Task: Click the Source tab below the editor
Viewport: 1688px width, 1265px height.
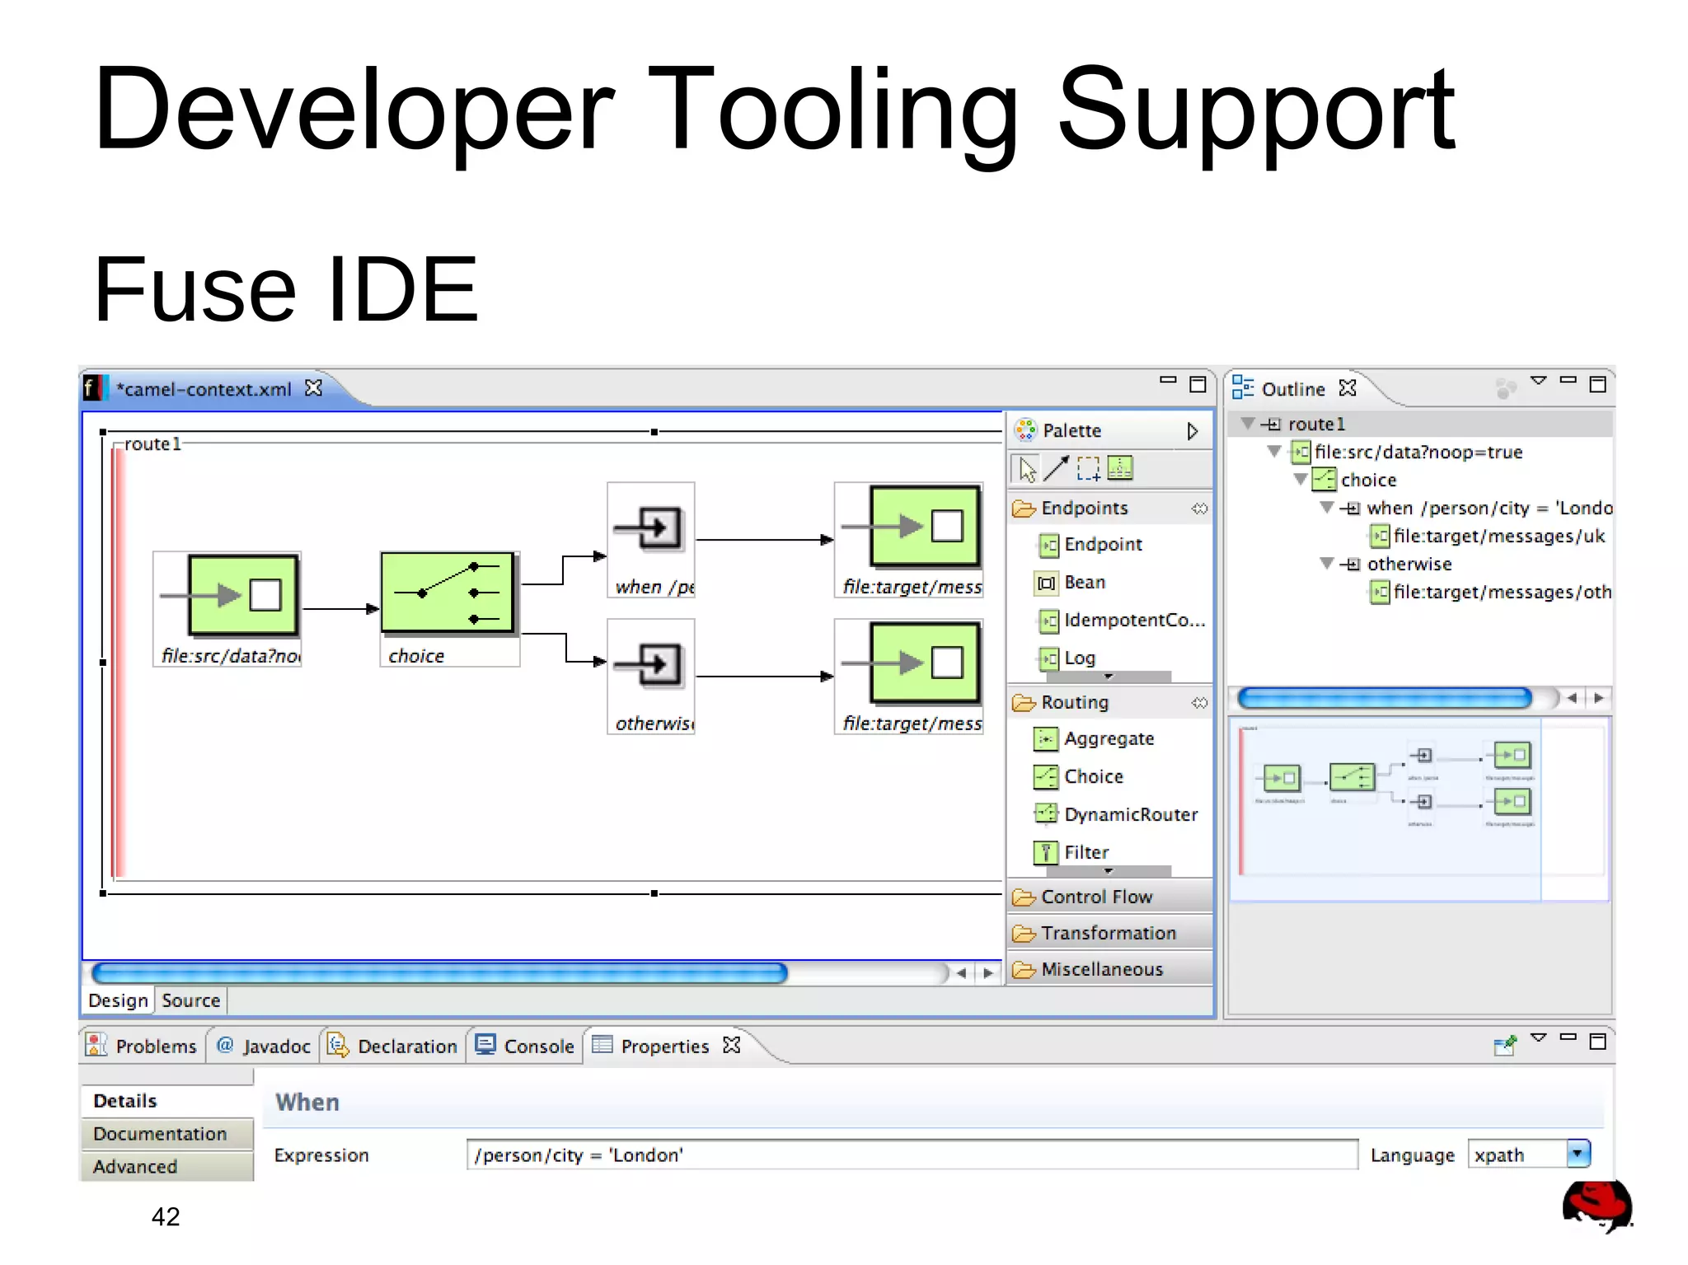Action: click(190, 1000)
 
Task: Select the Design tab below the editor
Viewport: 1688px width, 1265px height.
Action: click(118, 1000)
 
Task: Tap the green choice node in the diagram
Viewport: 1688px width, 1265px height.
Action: click(448, 593)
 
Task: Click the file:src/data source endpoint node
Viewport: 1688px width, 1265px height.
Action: click(243, 595)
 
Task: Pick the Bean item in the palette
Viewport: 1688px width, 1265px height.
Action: click(1084, 583)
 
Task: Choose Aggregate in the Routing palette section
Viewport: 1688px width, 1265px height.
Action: click(1108, 739)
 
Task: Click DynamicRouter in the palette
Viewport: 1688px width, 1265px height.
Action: click(1130, 815)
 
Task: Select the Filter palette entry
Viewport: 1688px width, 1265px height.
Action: click(1085, 853)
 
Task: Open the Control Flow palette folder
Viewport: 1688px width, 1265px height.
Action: click(1095, 897)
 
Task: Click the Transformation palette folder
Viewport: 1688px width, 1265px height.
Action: click(1108, 934)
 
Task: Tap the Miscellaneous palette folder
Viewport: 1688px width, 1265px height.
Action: click(1101, 970)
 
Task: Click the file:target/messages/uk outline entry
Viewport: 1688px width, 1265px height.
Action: click(1498, 536)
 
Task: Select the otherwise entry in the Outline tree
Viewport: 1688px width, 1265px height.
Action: click(1409, 565)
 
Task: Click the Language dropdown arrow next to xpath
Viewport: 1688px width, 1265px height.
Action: click(1578, 1154)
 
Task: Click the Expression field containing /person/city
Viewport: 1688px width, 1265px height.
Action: click(911, 1155)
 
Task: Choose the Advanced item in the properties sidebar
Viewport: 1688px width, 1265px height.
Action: click(135, 1167)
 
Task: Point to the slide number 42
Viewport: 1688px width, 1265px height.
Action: click(166, 1217)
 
